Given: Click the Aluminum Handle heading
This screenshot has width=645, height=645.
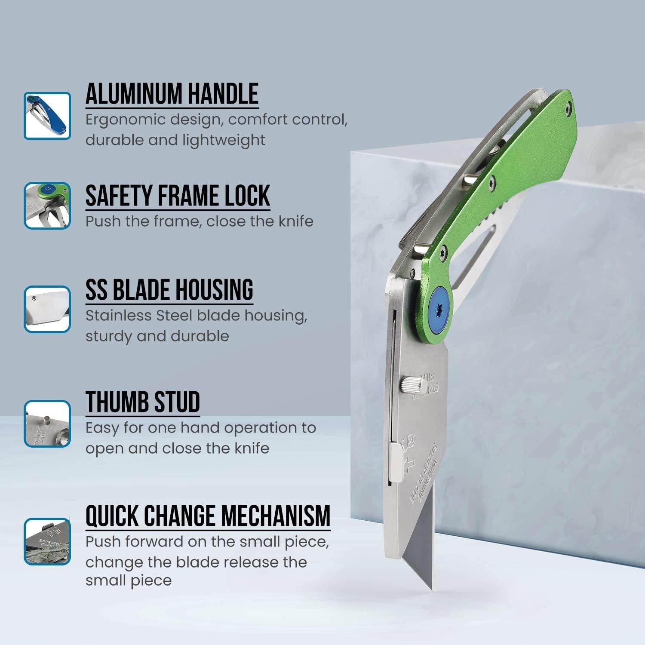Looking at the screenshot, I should click(172, 94).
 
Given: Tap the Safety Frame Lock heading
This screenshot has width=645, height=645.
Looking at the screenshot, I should click(178, 196).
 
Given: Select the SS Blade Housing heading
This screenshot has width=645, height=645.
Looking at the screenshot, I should click(169, 290).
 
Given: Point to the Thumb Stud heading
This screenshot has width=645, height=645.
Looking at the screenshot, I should click(143, 402).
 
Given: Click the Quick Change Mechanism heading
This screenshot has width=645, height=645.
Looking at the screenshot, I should click(208, 516).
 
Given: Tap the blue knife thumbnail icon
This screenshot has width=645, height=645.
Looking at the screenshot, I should click(47, 116).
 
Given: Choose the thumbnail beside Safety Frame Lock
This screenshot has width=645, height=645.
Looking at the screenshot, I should click(47, 206).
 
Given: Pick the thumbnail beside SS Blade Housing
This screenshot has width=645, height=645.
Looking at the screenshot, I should click(47, 309).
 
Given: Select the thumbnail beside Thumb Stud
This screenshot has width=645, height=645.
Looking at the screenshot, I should click(47, 424).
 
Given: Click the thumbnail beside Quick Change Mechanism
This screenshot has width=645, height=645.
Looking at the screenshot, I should click(47, 541).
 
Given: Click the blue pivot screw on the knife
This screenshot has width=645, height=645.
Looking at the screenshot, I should click(439, 309).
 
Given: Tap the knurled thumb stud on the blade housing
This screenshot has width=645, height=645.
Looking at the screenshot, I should click(412, 384).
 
